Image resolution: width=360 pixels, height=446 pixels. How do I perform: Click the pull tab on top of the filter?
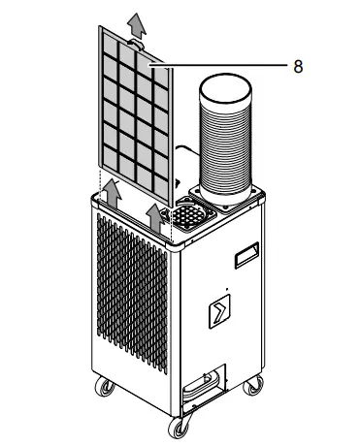135,43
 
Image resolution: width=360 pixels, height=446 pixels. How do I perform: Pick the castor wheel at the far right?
254,387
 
